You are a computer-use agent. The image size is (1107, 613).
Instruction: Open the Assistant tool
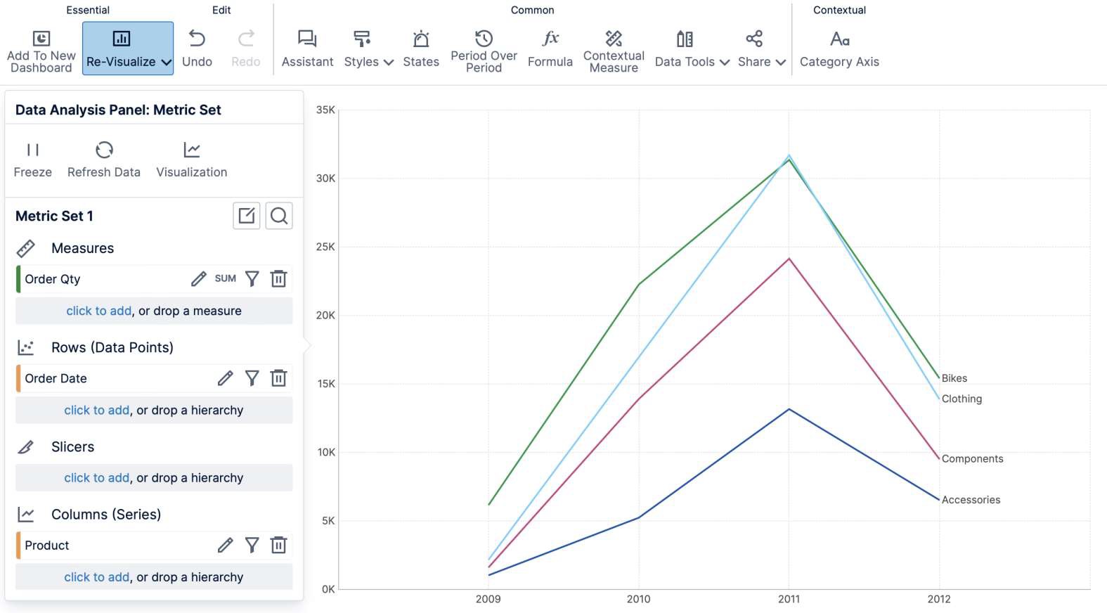click(x=307, y=48)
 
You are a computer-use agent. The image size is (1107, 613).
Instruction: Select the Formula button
click(x=550, y=48)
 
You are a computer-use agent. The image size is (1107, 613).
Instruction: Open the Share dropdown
click(x=761, y=48)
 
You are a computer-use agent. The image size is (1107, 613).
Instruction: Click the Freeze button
click(x=32, y=159)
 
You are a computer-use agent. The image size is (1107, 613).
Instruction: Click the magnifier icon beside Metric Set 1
click(x=279, y=216)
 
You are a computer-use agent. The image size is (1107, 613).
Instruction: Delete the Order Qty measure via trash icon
click(x=279, y=279)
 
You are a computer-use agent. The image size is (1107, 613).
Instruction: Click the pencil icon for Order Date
click(x=225, y=378)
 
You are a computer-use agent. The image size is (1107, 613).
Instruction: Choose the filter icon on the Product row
click(x=252, y=545)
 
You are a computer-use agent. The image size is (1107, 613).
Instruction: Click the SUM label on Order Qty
click(x=225, y=279)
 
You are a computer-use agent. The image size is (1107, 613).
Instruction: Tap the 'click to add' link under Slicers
click(x=96, y=478)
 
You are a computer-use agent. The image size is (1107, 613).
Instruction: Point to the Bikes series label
click(x=954, y=378)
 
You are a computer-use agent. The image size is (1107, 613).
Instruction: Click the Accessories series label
click(x=971, y=500)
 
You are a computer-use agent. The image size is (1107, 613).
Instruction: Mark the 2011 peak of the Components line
click(x=789, y=259)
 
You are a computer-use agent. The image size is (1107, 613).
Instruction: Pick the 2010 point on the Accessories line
click(x=639, y=517)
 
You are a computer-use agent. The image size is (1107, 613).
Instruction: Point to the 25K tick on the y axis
click(x=325, y=247)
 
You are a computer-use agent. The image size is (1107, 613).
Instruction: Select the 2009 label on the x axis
click(x=488, y=599)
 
